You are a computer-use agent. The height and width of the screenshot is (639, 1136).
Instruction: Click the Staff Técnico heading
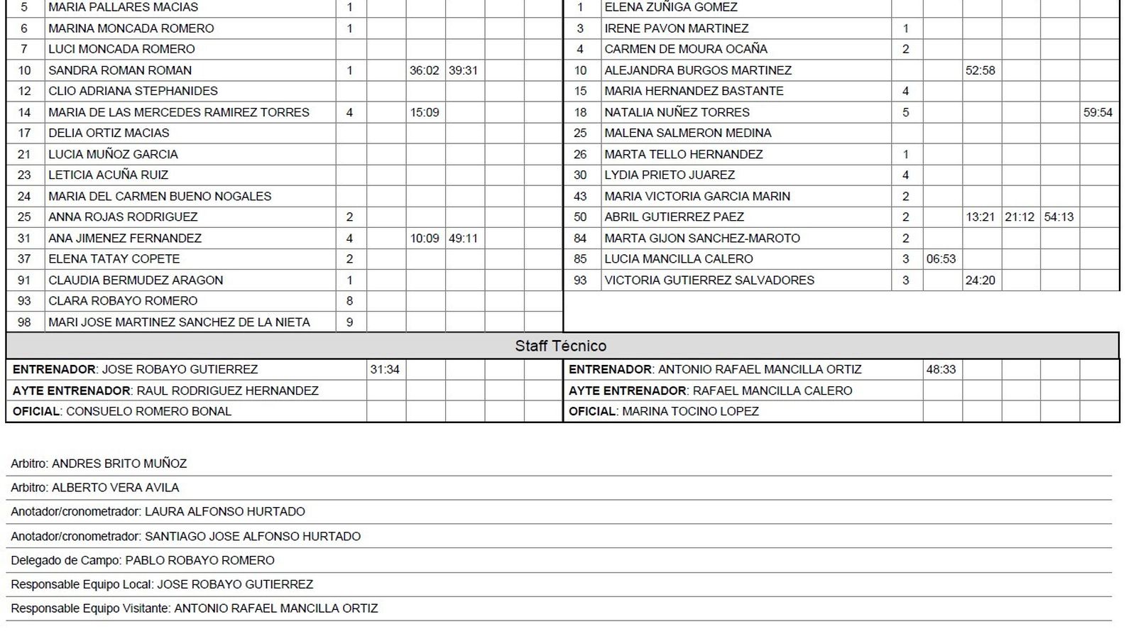(x=561, y=346)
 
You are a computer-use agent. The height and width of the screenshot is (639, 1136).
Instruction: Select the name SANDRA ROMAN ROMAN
(x=120, y=70)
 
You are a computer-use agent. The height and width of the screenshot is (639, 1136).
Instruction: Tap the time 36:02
(x=425, y=70)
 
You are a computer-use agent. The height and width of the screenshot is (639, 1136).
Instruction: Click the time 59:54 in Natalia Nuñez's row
(x=1098, y=112)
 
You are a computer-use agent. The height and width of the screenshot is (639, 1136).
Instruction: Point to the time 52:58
(x=980, y=70)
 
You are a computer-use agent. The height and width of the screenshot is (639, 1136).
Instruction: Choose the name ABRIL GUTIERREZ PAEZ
(x=674, y=217)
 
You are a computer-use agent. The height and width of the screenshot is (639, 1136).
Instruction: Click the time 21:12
(x=1020, y=217)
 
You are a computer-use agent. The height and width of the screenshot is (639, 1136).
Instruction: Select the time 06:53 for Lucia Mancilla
(x=941, y=259)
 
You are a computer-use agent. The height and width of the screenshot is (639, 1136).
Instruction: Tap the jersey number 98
(x=24, y=322)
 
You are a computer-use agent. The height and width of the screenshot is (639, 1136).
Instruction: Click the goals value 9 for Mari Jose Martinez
(x=349, y=322)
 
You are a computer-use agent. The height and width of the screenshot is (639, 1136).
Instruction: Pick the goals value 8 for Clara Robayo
(x=349, y=301)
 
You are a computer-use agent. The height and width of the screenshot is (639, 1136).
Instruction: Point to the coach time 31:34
(x=385, y=369)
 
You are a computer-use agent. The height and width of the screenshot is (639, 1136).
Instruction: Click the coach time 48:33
(x=941, y=369)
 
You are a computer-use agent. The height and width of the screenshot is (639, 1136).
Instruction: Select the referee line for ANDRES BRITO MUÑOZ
(x=99, y=464)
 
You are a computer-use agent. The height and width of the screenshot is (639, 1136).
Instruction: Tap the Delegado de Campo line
(x=143, y=560)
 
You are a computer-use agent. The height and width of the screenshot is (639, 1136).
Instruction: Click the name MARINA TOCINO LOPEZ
(x=690, y=411)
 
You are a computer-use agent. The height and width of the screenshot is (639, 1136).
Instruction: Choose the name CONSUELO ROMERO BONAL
(x=148, y=411)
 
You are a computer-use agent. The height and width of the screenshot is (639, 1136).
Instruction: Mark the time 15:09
(x=425, y=112)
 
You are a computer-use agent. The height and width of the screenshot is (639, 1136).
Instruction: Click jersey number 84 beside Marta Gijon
(x=580, y=239)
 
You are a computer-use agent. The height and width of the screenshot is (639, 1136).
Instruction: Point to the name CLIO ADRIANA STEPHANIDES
(x=133, y=91)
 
